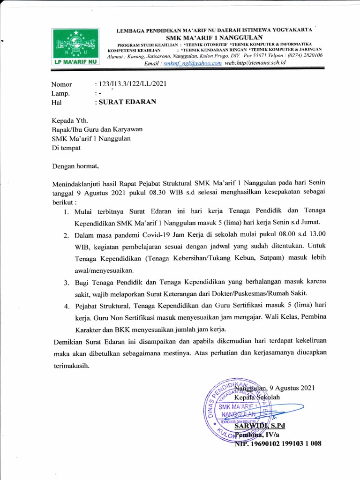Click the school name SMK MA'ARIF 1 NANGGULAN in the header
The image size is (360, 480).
pos(214,37)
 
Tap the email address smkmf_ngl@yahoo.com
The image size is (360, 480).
pos(190,63)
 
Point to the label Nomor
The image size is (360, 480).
pos(61,84)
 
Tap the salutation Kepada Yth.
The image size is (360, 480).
pos(69,120)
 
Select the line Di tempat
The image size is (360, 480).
pos(66,148)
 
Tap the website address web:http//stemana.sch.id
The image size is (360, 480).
pos(255,63)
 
